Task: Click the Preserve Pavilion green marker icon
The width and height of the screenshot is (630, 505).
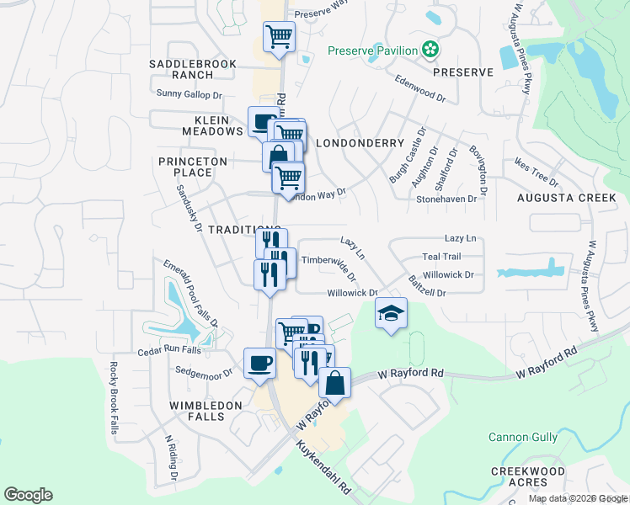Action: [430, 50]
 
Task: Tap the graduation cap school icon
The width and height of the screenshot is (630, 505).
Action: [391, 313]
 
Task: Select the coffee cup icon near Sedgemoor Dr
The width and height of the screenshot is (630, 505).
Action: [259, 364]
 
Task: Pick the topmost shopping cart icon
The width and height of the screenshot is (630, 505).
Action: [279, 36]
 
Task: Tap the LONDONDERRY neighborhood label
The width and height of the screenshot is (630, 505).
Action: [360, 143]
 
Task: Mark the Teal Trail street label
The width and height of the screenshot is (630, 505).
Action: [441, 257]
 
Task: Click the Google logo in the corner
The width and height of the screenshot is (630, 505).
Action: [28, 495]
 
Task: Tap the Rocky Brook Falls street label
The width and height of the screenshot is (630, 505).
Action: [113, 397]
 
